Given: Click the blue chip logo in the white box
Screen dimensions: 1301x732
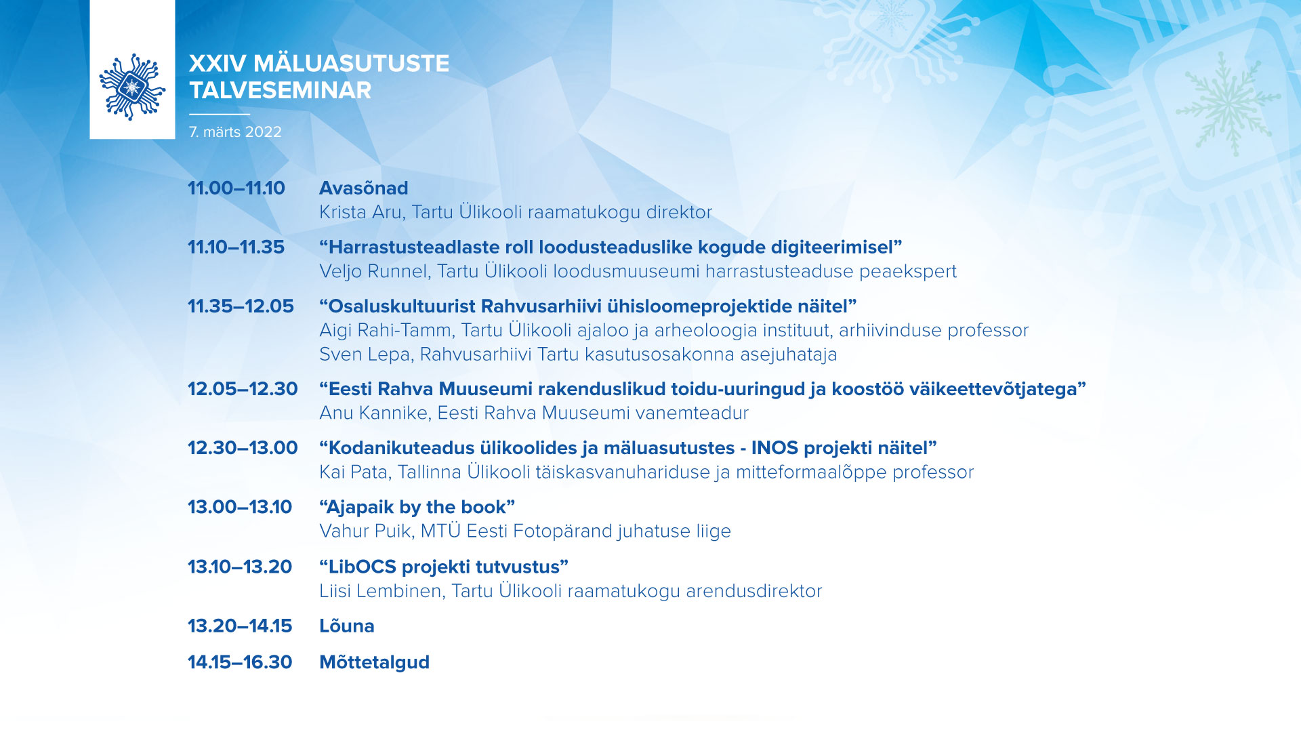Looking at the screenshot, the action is [x=132, y=87].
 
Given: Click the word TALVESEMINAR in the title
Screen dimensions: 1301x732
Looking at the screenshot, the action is [x=280, y=90].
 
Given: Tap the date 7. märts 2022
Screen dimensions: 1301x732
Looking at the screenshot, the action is [x=235, y=132].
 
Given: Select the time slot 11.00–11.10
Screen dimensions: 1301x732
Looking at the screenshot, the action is [x=236, y=188].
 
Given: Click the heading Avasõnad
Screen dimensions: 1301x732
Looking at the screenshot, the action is [x=364, y=188].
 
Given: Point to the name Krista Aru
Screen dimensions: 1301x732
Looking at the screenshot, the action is [x=360, y=212].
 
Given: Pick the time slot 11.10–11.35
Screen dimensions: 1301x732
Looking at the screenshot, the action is [x=236, y=247].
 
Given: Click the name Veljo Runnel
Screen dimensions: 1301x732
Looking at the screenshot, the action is [x=374, y=271].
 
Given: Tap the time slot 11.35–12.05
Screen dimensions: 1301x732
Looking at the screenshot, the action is [x=241, y=306].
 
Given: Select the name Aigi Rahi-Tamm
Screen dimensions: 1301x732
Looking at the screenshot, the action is [x=386, y=330].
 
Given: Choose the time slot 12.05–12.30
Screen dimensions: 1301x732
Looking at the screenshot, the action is [x=243, y=388].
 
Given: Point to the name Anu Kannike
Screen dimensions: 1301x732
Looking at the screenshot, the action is [x=373, y=413].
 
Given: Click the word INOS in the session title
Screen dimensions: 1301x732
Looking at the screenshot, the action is [x=775, y=448].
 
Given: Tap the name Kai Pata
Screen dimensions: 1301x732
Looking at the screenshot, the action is [x=353, y=472].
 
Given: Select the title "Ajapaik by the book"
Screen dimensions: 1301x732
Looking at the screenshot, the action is [x=417, y=507].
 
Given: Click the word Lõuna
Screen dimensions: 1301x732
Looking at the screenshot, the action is [x=347, y=626].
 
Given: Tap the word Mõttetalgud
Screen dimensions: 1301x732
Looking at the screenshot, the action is [x=375, y=662].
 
